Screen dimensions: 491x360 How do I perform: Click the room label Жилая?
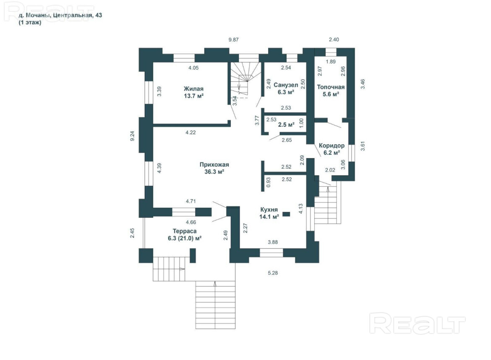pos(193,89)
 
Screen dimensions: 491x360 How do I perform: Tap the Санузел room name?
pos(286,85)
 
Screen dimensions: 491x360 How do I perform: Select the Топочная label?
pos(331,87)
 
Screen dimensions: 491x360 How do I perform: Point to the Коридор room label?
pos(332,146)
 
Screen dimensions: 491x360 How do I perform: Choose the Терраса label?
pos(185,231)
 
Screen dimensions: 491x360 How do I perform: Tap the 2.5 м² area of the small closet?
pos(286,124)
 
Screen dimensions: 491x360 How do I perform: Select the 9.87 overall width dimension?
pos(233,39)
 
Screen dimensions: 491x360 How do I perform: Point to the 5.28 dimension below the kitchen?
pos(273,273)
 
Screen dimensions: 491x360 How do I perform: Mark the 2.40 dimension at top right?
pos(334,39)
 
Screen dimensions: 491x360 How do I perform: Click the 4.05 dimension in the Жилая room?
pos(193,68)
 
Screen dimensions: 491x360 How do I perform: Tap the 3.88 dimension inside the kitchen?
pos(273,242)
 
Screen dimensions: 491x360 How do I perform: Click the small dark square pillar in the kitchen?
pos(286,214)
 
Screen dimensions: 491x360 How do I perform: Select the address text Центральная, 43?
pos(78,15)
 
